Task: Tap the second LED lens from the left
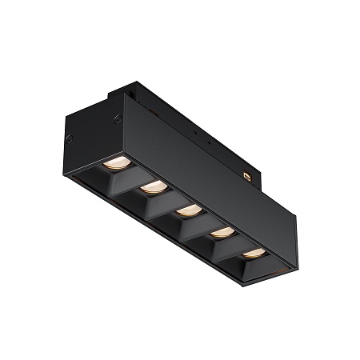pos(152,189)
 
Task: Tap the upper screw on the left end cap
pos(118,119)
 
